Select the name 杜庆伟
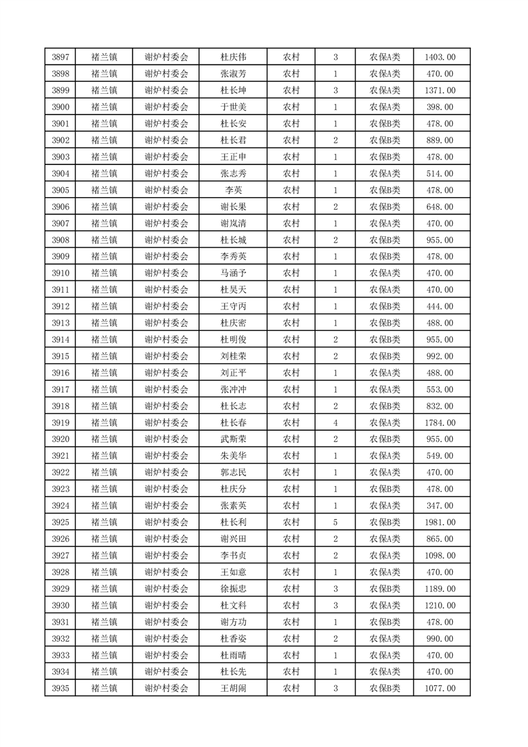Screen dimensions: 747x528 click(233, 57)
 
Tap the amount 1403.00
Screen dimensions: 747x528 click(439, 57)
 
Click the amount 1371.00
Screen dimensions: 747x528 click(439, 91)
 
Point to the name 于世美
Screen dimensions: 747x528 click(233, 107)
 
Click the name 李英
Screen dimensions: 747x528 click(233, 190)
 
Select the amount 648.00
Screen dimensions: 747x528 click(439, 207)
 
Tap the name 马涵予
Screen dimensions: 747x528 click(233, 273)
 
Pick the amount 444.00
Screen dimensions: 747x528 click(439, 306)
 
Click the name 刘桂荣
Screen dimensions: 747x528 click(233, 356)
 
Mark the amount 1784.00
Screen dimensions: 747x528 click(439, 423)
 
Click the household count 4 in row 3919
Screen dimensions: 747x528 click(335, 423)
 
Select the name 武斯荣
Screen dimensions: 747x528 click(233, 439)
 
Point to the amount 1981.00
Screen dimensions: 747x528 click(439, 523)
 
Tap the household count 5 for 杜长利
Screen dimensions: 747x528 click(335, 523)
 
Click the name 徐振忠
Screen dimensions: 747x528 click(233, 589)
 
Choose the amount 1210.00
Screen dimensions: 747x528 click(439, 605)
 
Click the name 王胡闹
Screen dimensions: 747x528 click(233, 688)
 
